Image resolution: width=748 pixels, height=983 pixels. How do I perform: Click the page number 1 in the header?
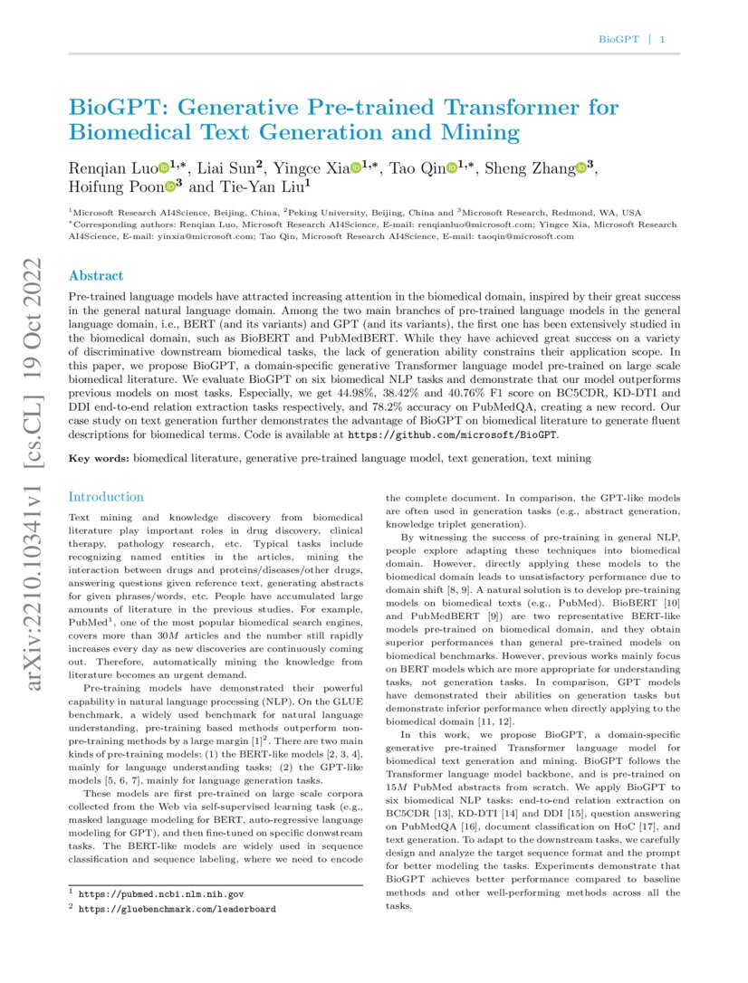click(x=663, y=40)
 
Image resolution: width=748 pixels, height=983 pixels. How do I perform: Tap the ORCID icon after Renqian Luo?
click(x=164, y=168)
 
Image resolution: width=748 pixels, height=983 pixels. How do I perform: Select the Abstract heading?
click(x=96, y=276)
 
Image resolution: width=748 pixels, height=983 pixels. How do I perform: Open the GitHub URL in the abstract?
click(x=454, y=434)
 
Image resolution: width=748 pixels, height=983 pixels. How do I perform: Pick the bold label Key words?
click(x=100, y=459)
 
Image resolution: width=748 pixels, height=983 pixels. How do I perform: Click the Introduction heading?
click(x=106, y=497)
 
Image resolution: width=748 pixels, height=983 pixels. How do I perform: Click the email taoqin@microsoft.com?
click(x=526, y=236)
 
